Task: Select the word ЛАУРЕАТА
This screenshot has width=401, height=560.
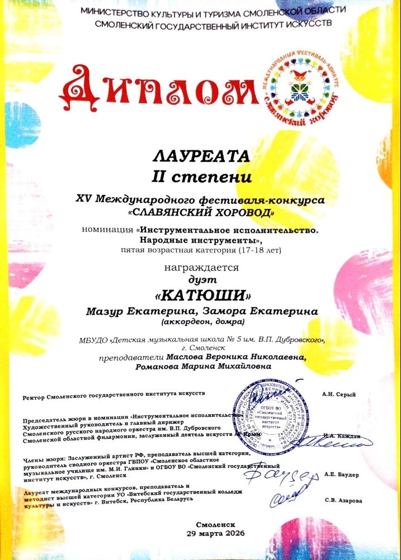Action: tap(200, 154)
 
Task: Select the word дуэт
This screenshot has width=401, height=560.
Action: tap(200, 279)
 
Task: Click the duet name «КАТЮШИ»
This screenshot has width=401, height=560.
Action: tap(200, 294)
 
